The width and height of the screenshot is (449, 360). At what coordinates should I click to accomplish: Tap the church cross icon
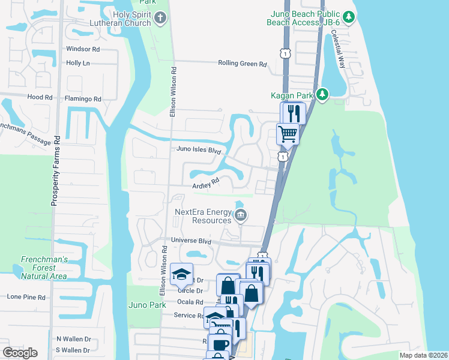(x=159, y=17)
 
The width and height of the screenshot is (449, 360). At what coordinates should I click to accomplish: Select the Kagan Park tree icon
(x=322, y=94)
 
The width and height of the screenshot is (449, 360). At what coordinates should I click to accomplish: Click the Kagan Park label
(x=292, y=95)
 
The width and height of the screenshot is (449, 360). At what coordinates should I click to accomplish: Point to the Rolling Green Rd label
(x=242, y=63)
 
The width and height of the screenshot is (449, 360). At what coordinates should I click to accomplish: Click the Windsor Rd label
(x=83, y=49)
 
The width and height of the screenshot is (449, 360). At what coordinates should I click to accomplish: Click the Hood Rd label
(x=40, y=97)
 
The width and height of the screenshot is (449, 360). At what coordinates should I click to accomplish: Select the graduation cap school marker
(x=181, y=274)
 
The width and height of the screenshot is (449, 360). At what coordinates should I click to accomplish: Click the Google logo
(x=20, y=352)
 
